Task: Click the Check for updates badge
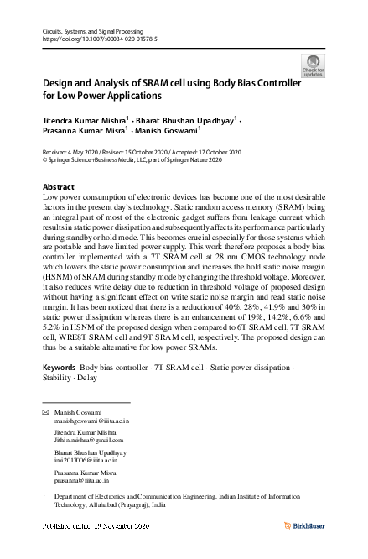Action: pos(313,65)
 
